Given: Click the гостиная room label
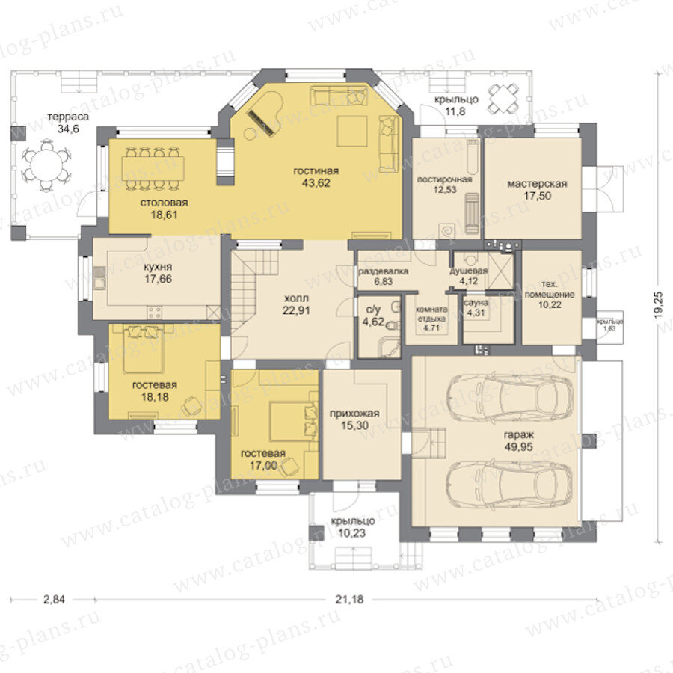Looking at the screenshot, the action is click(x=316, y=170).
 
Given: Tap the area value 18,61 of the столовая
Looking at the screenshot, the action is click(x=164, y=215).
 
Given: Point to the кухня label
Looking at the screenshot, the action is click(x=158, y=267).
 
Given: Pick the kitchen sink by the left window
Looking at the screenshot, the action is click(x=99, y=277).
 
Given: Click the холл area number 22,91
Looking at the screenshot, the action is click(x=296, y=310).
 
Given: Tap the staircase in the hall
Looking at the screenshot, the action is click(x=254, y=291).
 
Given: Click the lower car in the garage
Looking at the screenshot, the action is click(x=509, y=484).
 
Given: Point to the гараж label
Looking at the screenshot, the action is click(x=519, y=434).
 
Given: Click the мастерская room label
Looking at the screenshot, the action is click(x=537, y=184).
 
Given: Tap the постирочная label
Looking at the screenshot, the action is click(x=445, y=179).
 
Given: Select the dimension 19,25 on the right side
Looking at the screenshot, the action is click(x=660, y=305).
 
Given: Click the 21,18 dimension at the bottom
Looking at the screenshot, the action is click(x=349, y=599).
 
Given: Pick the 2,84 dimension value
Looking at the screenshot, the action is click(x=54, y=599).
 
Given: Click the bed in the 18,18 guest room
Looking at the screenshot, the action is click(x=143, y=348).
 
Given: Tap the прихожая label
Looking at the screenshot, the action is click(x=354, y=414).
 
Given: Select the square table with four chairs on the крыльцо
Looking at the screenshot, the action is click(x=503, y=99).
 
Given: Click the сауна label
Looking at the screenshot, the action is click(x=476, y=303).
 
